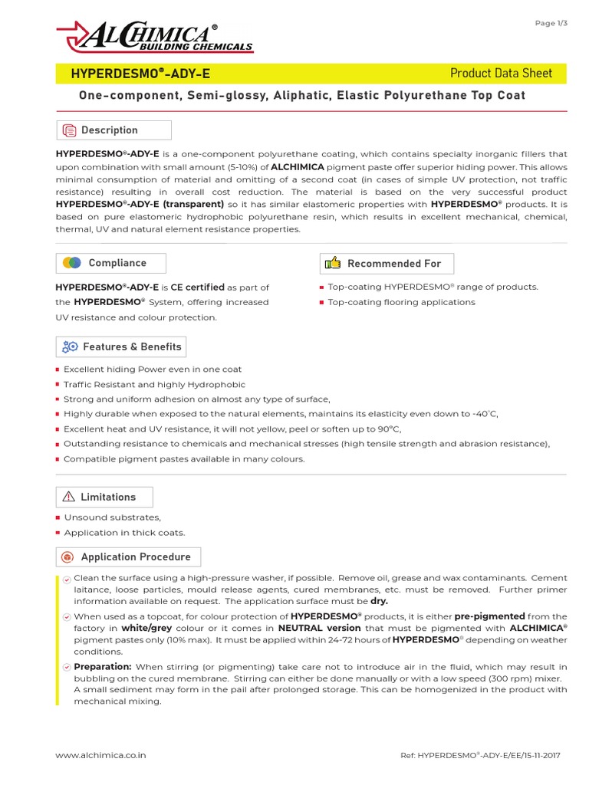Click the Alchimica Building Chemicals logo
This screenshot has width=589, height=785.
(154, 37)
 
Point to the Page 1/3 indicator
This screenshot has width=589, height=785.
(551, 23)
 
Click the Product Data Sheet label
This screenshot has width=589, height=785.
(501, 74)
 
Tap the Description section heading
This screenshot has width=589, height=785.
(109, 130)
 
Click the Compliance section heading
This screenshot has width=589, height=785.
(117, 263)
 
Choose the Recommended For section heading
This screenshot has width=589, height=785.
(393, 264)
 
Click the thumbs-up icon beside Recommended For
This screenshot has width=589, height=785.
(333, 264)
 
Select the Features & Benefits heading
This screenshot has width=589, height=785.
(132, 347)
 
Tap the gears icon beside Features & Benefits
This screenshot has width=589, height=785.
(70, 347)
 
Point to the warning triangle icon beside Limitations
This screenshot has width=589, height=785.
(69, 497)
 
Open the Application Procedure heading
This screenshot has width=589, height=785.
(136, 557)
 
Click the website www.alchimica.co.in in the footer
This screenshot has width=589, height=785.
(101, 755)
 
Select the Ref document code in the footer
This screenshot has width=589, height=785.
(480, 755)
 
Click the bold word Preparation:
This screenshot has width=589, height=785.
(103, 667)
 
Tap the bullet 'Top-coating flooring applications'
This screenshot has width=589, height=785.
(401, 302)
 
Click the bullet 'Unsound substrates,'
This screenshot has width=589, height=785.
(112, 517)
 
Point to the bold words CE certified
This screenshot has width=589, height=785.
(197, 287)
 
